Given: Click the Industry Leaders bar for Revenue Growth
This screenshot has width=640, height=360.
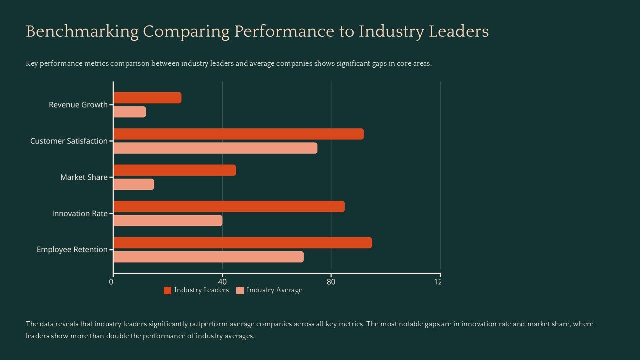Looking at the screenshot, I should coord(147,98).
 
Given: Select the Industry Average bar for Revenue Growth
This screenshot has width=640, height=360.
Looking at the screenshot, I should coord(130,112).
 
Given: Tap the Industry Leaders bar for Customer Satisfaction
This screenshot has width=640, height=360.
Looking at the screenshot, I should coord(238,134).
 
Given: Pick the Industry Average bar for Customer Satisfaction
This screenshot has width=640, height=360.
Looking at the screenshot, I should coord(215,148).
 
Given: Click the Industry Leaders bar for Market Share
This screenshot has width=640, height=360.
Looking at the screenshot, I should coord(175,170).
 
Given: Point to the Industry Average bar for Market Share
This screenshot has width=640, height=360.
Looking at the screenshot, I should coord(134,184).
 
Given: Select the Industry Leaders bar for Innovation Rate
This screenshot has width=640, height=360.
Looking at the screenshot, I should coord(229,206).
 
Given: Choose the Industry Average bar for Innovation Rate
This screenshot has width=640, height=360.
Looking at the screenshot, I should coord(168,220).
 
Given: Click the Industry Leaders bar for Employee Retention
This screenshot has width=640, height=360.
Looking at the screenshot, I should coord(242,243).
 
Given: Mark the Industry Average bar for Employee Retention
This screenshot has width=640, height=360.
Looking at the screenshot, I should coord(208,257).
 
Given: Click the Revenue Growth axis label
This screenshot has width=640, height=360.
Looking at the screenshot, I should coord(78,105).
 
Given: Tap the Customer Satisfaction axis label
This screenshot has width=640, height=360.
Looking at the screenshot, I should coord(69,141).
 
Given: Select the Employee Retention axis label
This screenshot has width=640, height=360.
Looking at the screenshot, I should coord(72,250).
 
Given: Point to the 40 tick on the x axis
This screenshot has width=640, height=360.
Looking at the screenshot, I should coord(222,282).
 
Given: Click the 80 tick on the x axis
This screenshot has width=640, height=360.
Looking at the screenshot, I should coord(331,282).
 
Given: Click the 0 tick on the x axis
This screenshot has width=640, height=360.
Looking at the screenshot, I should coord(111,282).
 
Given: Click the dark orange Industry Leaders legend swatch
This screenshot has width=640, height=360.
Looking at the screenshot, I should coord(167,291).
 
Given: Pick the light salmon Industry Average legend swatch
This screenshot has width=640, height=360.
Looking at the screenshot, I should coord(240,291).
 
